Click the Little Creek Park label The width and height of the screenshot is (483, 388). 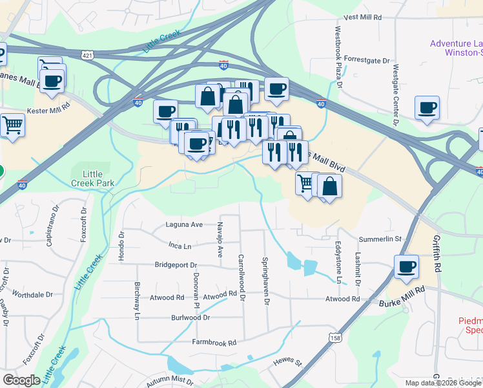[x=98, y=178]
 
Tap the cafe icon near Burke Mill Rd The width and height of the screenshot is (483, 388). [x=406, y=266]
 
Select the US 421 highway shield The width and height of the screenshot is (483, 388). [x=87, y=56]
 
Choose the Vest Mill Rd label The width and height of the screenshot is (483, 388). [x=364, y=18]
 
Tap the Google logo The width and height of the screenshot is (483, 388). [x=22, y=380]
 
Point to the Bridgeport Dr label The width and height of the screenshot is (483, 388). [x=176, y=265]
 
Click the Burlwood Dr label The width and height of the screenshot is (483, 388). [x=190, y=318]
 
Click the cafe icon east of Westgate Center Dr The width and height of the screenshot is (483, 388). [x=427, y=108]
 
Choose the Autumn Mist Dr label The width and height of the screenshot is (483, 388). [x=170, y=381]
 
